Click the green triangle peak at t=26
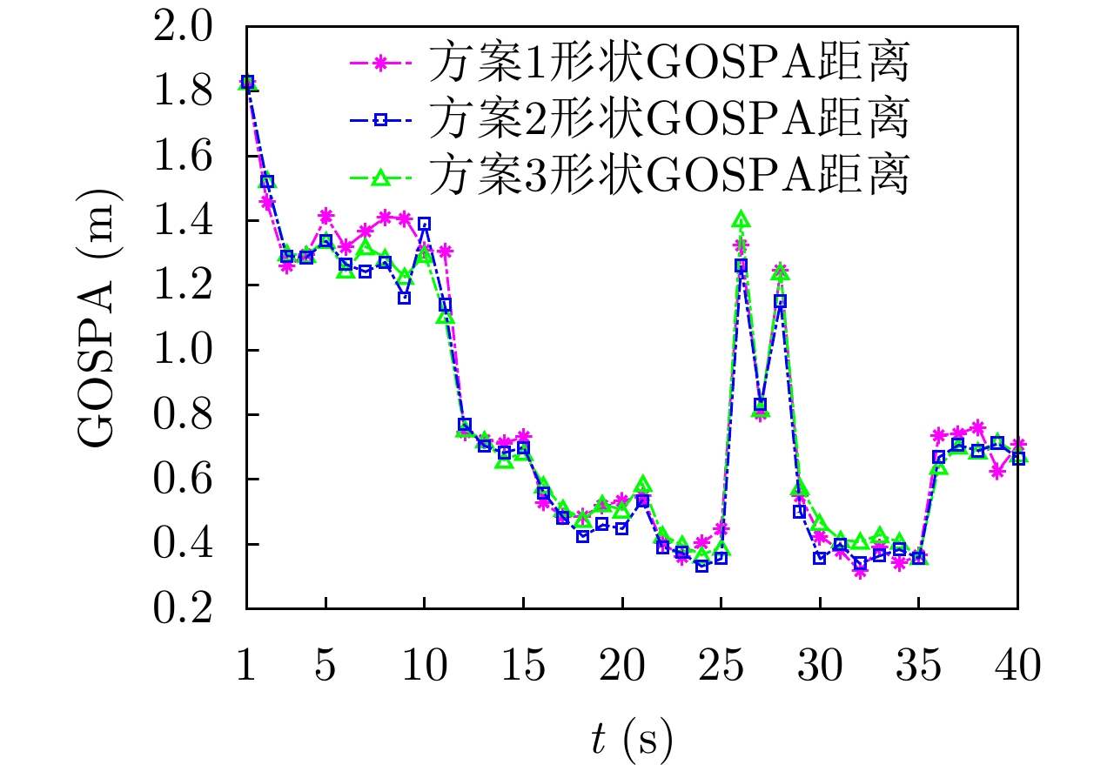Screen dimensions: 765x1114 point(741,219)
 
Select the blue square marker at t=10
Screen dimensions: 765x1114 point(425,224)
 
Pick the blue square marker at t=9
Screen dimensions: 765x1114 point(405,298)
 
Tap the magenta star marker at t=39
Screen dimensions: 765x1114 point(997,472)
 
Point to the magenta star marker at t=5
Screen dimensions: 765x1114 point(325,215)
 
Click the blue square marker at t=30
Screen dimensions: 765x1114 point(820,558)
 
